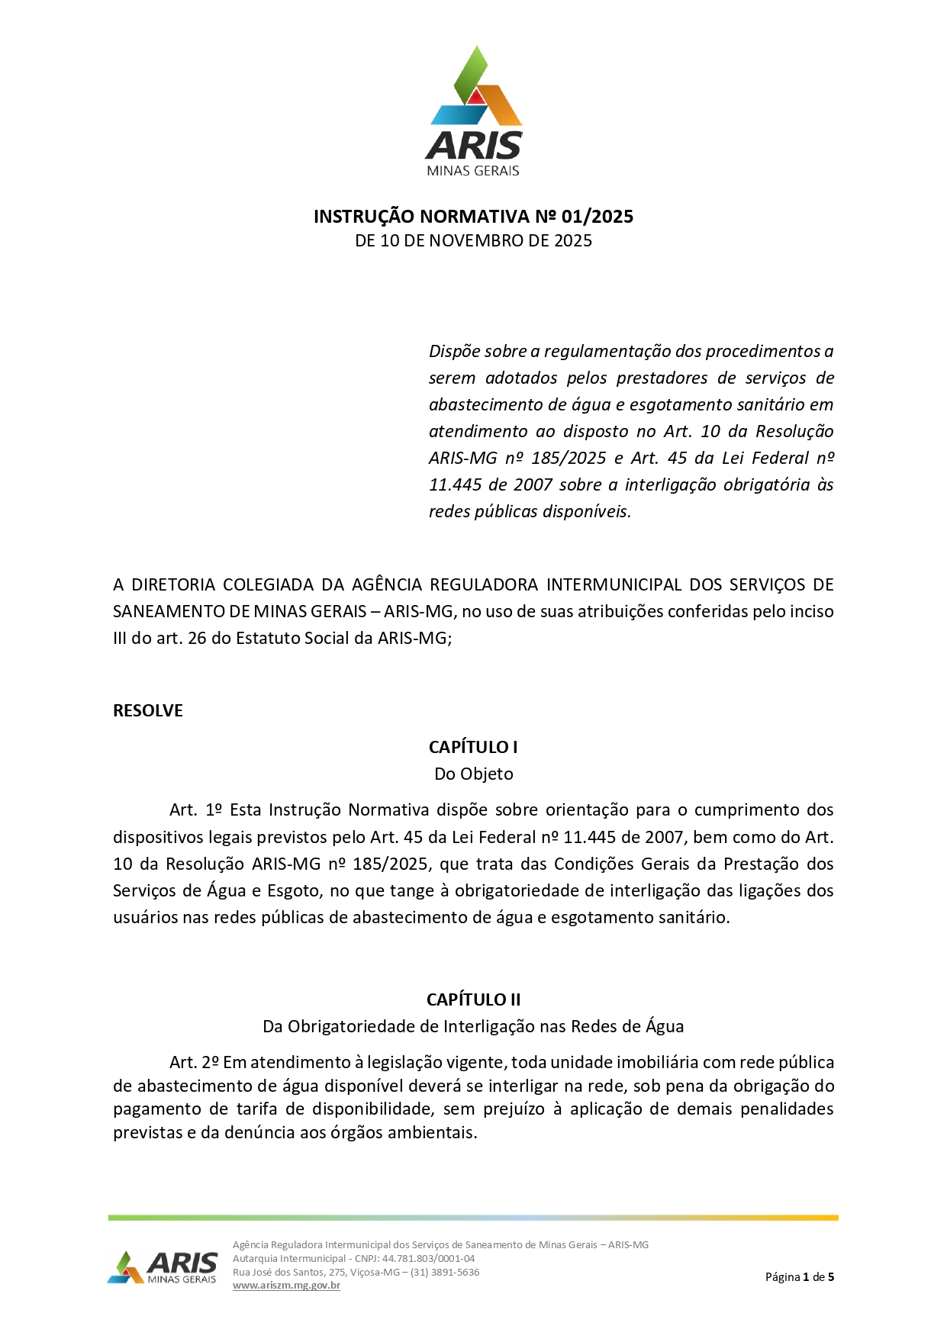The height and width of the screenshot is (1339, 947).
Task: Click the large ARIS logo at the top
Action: pyautogui.click(x=474, y=111)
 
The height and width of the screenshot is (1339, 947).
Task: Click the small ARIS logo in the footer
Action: pyautogui.click(x=163, y=1267)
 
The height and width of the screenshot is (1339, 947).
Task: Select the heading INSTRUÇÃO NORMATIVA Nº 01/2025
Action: pyautogui.click(x=473, y=217)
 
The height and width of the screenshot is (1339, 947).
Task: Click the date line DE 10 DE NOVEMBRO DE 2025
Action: pyautogui.click(x=473, y=241)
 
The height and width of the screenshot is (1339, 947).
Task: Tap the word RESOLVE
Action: pyautogui.click(x=148, y=711)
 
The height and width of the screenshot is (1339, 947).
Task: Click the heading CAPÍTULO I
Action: pyautogui.click(x=473, y=747)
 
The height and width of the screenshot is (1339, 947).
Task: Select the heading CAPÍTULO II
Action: pyautogui.click(x=473, y=999)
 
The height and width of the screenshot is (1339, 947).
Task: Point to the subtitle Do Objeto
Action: pyautogui.click(x=473, y=774)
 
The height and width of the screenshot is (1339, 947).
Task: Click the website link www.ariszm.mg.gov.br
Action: pyautogui.click(x=286, y=1286)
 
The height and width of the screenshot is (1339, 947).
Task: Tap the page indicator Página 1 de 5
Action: pyautogui.click(x=799, y=1277)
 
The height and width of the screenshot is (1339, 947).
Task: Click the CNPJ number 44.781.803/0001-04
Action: pyautogui.click(x=428, y=1259)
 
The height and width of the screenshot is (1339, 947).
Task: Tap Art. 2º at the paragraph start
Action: pyautogui.click(x=194, y=1063)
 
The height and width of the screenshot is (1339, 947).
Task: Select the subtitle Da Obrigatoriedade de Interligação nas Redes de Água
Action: pyautogui.click(x=473, y=1027)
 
